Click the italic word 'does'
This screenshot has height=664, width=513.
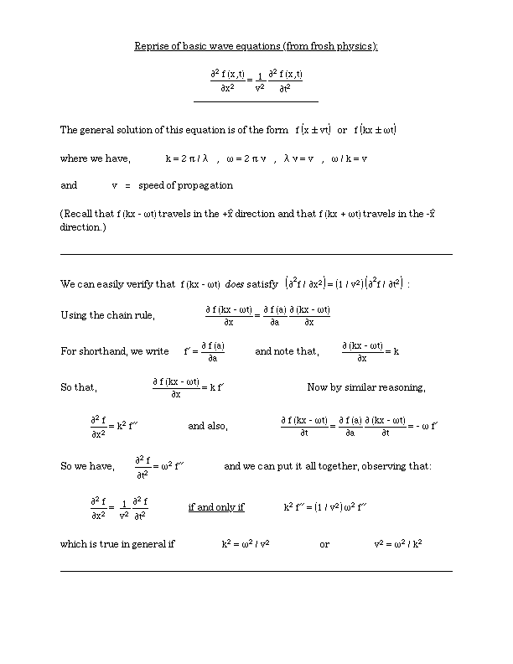234,284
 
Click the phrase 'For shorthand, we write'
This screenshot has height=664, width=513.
115,351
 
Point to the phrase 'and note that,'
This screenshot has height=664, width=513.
287,351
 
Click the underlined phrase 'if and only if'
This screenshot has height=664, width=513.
216,507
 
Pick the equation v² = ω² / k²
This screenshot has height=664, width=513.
397,544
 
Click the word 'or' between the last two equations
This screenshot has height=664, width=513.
324,544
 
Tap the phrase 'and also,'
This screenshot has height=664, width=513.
207,426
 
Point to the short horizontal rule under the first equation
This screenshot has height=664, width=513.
256,101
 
